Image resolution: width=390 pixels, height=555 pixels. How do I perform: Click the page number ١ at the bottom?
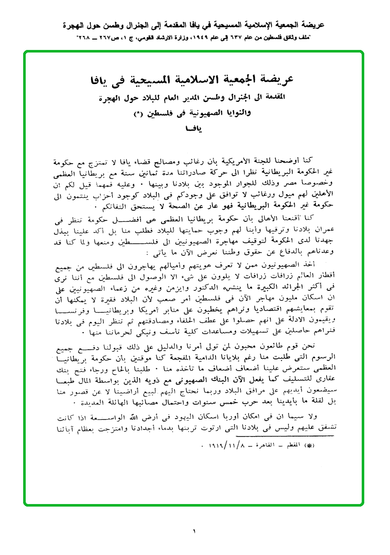pos(195,531)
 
